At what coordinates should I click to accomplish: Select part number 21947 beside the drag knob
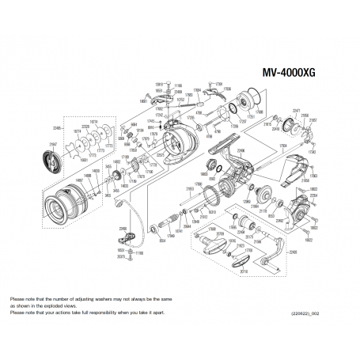[54, 144]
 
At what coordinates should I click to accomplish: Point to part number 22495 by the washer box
[57, 127]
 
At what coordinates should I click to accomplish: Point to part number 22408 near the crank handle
[294, 252]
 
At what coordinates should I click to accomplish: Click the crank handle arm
[273, 253]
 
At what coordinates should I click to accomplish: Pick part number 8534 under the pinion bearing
[161, 235]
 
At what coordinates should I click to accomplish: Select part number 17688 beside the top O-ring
[259, 119]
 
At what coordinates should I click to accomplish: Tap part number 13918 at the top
[158, 83]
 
